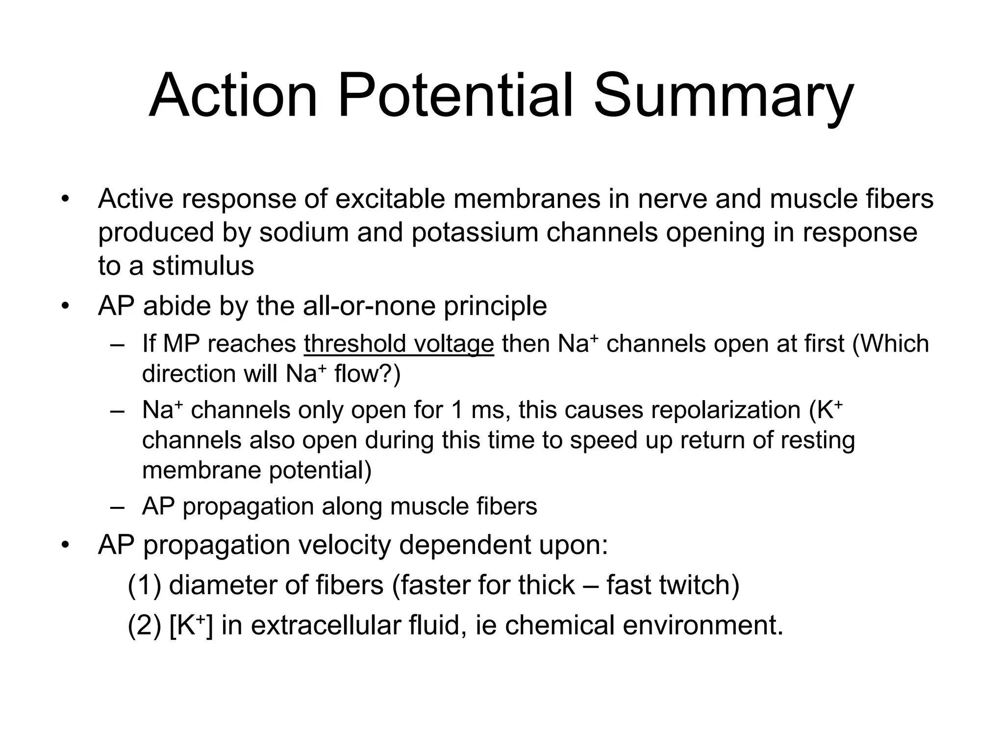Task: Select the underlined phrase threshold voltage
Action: click(399, 344)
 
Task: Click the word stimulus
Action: click(203, 266)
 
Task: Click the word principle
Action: click(495, 306)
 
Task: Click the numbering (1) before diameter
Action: click(144, 585)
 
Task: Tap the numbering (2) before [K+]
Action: click(144, 626)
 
